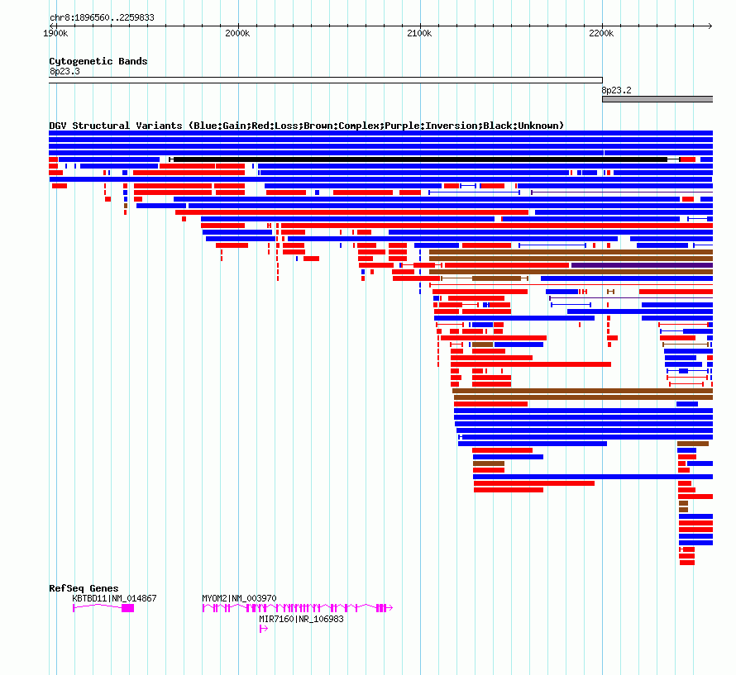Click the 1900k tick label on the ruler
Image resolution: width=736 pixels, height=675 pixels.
point(55,33)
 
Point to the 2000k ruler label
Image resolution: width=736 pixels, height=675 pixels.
point(237,33)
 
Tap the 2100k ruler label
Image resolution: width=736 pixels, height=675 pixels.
point(419,33)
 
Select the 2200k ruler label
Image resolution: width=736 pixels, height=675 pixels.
point(601,33)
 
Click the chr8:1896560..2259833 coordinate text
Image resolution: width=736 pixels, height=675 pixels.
point(102,17)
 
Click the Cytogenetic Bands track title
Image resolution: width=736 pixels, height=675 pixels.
point(98,61)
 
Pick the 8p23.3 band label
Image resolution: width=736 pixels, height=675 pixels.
point(65,71)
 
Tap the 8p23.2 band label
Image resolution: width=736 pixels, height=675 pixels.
point(616,90)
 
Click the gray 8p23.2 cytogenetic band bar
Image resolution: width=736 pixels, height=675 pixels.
point(657,99)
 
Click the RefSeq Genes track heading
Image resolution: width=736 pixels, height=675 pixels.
point(84,588)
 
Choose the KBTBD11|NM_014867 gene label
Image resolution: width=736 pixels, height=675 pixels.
point(114,598)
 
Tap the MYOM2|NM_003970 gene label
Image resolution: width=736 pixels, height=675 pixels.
point(239,598)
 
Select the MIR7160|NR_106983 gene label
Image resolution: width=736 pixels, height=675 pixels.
point(301,619)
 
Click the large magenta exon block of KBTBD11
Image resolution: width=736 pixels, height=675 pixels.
point(127,608)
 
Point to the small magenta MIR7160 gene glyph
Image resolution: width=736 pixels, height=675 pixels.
point(263,629)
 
